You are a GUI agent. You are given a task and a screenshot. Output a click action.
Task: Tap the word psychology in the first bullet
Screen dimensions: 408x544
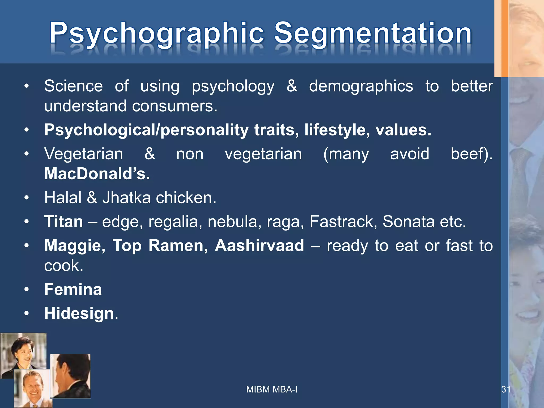coord(233,86)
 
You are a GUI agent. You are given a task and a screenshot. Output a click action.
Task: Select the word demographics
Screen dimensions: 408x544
coord(361,86)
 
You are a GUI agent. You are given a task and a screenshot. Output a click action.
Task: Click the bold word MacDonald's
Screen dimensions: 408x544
coord(97,174)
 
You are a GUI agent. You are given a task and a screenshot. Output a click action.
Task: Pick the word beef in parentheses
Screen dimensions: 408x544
coord(469,154)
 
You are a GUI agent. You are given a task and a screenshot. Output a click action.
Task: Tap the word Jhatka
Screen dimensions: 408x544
coord(126,198)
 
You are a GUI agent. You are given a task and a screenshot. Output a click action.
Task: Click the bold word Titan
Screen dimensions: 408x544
coord(63,222)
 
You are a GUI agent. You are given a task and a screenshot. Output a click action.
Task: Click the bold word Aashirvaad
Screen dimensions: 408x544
coord(259,245)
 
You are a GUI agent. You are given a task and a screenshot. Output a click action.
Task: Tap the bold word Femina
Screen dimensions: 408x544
coord(73,289)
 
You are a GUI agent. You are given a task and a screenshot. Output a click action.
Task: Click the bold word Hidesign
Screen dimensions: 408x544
coord(79,313)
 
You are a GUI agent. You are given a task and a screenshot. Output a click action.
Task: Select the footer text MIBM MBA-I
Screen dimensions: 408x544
coord(272,389)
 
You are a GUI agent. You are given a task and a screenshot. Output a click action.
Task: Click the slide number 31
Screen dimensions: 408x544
coord(505,389)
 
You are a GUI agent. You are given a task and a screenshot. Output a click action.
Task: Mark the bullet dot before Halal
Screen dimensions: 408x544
coord(26,198)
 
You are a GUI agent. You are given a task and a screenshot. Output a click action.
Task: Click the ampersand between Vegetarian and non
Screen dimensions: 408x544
coord(150,154)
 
